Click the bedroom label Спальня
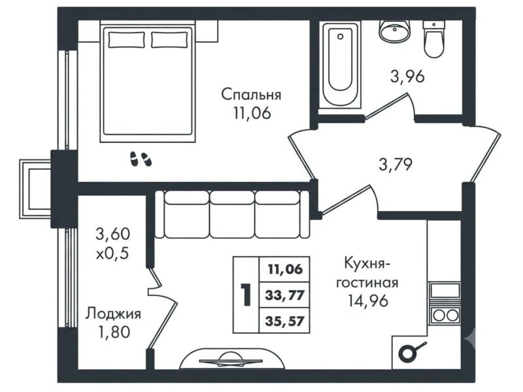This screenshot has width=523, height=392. pos(251,95)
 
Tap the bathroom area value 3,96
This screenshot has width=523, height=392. pos(407,76)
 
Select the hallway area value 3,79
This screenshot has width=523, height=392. pos(396,165)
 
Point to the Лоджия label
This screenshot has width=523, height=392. pos(113,314)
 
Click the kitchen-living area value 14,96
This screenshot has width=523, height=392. pos(368,301)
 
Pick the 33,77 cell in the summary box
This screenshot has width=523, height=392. pos(284,295)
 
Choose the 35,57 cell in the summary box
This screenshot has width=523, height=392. pos(284,321)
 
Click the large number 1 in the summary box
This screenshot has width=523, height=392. pos(246,295)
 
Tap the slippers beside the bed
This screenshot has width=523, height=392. pos(141,159)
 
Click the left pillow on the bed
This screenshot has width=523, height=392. pos(126,40)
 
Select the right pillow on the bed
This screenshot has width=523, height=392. pos(169,40)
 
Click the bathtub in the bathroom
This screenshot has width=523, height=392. pos(340,64)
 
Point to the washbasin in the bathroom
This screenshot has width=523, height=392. pos(394,31)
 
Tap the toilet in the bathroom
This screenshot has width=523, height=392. pos(434,39)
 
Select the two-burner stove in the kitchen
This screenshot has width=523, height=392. pos(445,315)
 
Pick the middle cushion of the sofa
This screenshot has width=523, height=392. pos(232,215)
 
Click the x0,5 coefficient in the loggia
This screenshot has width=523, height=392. pos(112,254)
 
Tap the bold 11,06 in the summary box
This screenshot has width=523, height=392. pos(285,269)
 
